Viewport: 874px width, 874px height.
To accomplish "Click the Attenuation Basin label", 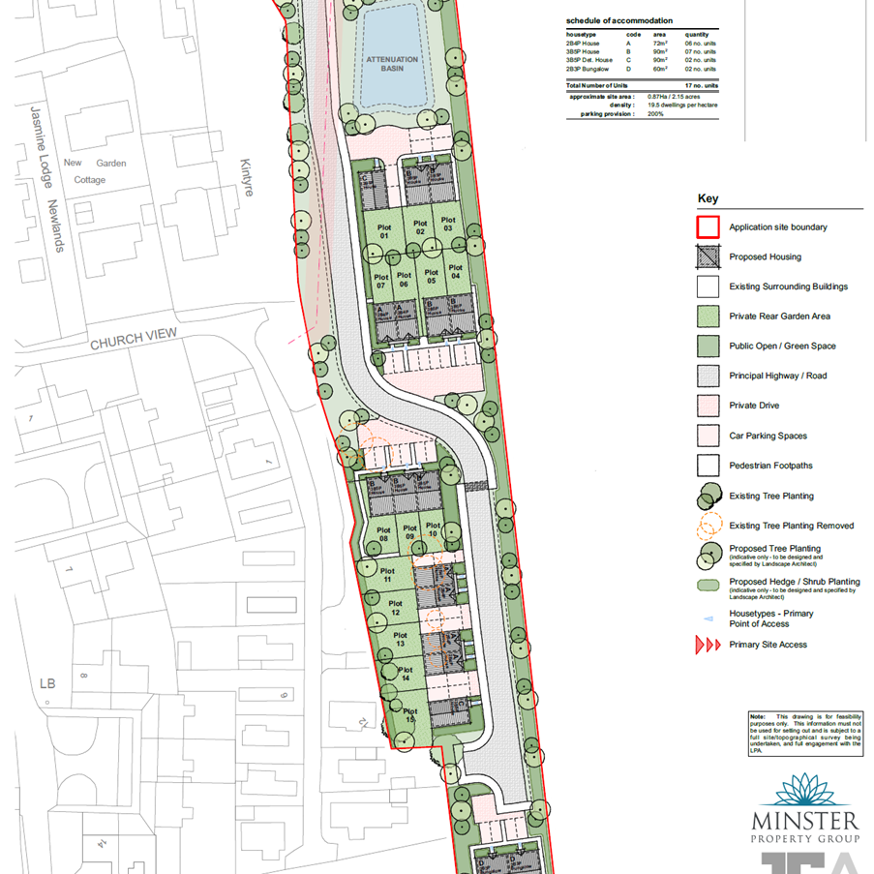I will tap(392, 65).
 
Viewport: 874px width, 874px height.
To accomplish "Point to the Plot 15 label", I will tap(410, 717).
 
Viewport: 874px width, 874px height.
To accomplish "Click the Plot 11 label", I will tap(387, 575).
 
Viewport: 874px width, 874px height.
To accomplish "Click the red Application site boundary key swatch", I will tap(708, 227).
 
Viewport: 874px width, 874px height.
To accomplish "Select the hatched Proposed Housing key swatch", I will tap(708, 257).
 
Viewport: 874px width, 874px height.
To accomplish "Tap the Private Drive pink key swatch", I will tap(708, 406).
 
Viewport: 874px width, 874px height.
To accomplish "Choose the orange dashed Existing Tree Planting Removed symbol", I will tap(709, 526).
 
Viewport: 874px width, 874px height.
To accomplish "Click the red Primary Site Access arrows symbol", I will tap(709, 645).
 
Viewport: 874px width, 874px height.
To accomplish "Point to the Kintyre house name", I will tap(246, 178).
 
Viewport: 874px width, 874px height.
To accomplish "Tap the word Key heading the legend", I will tap(708, 199).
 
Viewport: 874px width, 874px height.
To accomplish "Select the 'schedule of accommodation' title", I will tap(619, 21).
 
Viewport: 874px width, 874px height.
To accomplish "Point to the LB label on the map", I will tap(47, 683).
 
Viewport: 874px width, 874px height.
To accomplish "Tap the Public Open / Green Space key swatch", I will tap(708, 347).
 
